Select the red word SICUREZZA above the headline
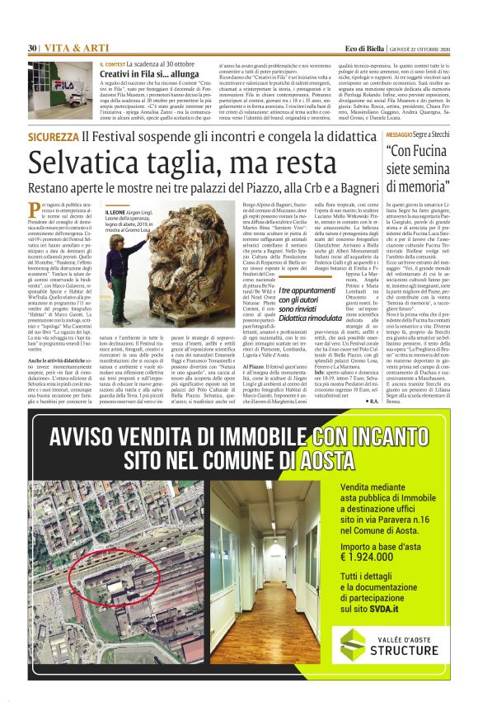(x=65, y=137)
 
